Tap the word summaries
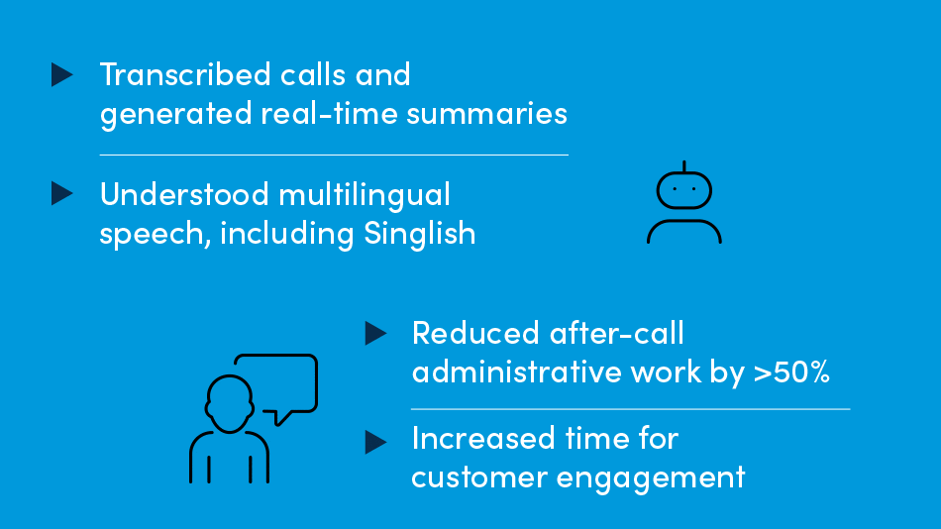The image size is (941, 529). click(486, 113)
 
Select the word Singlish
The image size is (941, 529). click(420, 234)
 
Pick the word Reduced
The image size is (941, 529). click(475, 333)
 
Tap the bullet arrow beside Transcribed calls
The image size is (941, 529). click(61, 75)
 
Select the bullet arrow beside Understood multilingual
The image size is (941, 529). click(61, 193)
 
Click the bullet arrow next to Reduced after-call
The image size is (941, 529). click(375, 333)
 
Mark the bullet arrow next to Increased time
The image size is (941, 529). click(375, 443)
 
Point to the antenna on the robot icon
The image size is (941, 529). click(684, 165)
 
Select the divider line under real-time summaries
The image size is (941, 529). click(334, 155)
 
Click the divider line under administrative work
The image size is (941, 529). click(631, 409)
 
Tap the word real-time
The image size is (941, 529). click(330, 113)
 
